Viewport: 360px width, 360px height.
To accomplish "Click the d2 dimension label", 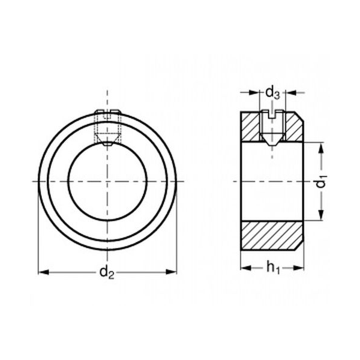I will click(107, 273).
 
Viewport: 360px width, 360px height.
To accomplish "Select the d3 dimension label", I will click(272, 93).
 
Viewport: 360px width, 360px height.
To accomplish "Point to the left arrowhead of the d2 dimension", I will click(43, 272).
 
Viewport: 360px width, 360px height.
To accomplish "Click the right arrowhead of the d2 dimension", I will click(173, 272).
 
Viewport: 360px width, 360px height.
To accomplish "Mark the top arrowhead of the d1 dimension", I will click(322, 148).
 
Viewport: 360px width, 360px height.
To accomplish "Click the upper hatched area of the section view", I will click(291, 128).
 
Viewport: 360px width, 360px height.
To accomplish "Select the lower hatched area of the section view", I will click(272, 237).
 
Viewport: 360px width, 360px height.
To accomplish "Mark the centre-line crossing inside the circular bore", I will click(108, 180).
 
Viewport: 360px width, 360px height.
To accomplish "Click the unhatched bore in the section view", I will click(272, 182).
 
